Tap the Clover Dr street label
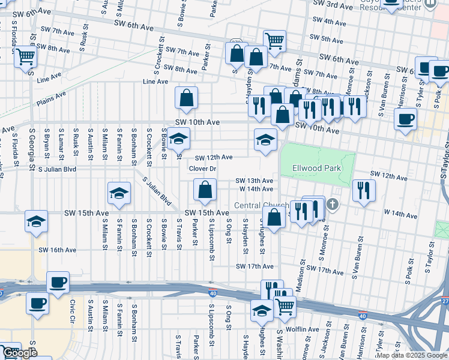202,169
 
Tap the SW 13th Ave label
254,181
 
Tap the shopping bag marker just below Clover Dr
205,190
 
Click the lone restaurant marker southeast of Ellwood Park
364,190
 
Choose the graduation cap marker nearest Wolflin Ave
262,311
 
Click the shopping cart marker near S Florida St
26,57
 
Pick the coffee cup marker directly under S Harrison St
405,118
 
